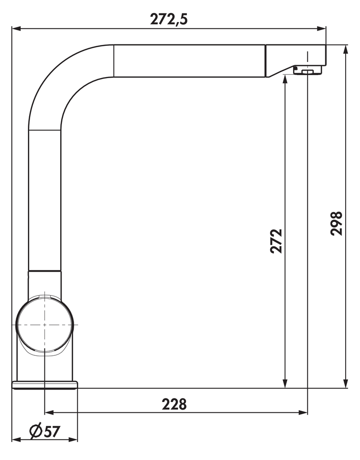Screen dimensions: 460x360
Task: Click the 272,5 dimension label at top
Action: coord(169,18)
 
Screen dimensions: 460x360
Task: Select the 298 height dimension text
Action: coord(337,223)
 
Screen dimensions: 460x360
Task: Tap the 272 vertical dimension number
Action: coord(276,241)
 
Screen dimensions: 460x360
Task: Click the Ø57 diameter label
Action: coord(44,431)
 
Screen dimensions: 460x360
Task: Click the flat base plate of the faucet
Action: coord(44,385)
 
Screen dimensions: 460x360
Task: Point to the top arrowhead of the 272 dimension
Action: coord(284,80)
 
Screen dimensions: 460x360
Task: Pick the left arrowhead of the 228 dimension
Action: coord(49,412)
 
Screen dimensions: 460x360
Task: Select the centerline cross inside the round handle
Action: coord(44,324)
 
